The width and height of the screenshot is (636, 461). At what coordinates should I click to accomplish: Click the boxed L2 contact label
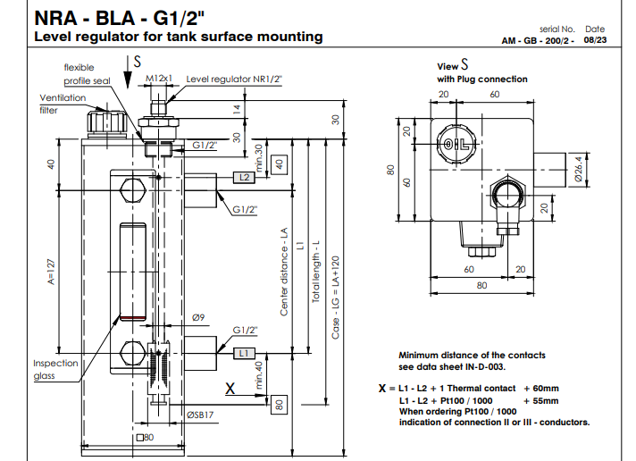(245, 178)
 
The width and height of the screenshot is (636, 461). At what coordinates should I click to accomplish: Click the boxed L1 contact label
(245, 354)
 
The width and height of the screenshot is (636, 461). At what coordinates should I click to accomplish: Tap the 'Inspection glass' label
(55, 369)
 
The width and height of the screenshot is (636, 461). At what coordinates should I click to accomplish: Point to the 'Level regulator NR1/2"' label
(233, 79)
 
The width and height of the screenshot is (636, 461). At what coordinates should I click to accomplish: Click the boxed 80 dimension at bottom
(279, 404)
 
